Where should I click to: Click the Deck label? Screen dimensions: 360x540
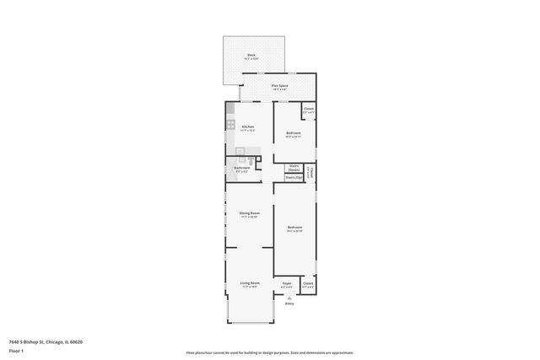[251, 56]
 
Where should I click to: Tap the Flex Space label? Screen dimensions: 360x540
[279, 86]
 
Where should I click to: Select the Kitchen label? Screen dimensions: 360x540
[248, 127]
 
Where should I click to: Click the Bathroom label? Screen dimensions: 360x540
[242, 167]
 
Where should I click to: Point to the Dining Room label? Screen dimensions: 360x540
[249, 213]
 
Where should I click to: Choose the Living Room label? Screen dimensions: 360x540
[250, 282]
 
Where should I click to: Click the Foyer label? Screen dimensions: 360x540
[287, 283]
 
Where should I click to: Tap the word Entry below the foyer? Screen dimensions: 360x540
[289, 304]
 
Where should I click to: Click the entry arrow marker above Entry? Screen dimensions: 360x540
[289, 298]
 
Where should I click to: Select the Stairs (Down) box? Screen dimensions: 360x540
[294, 168]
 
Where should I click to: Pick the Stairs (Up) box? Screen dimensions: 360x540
[294, 178]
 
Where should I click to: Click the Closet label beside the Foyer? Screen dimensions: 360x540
[308, 283]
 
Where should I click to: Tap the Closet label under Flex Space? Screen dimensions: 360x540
[309, 108]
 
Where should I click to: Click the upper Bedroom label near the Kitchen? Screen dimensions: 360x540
[293, 133]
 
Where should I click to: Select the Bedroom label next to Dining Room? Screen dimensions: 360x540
[294, 228]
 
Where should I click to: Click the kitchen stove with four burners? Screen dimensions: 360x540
[230, 124]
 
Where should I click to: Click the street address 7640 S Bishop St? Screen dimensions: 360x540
[46, 341]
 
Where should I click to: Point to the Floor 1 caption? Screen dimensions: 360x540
[15, 349]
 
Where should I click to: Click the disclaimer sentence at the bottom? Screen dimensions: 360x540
[269, 352]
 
